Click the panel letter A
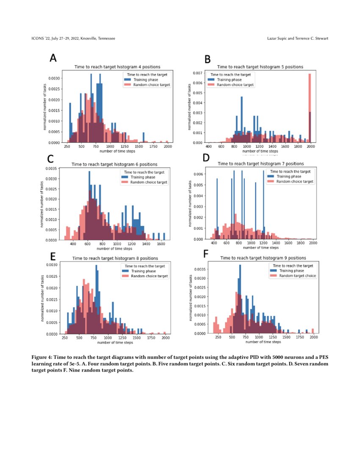click(x=53, y=58)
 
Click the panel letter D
click(x=206, y=158)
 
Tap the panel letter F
click(x=206, y=253)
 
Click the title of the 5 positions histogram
click(x=260, y=67)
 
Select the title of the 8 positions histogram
click(x=115, y=258)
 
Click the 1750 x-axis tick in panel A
click(x=154, y=146)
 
